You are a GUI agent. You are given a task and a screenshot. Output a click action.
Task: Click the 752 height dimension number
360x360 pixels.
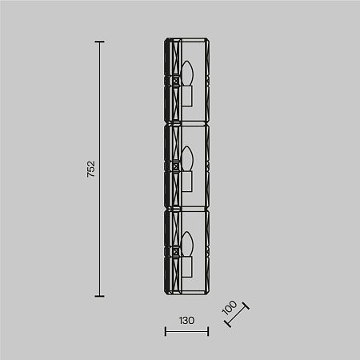(x=90, y=169)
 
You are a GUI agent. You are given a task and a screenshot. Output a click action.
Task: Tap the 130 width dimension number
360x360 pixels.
(x=186, y=320)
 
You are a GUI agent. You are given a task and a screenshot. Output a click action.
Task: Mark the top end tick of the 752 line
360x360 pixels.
(x=99, y=42)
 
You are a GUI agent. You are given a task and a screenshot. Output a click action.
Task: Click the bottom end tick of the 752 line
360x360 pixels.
(x=99, y=295)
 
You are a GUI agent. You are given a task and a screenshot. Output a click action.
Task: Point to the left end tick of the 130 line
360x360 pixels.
(x=165, y=331)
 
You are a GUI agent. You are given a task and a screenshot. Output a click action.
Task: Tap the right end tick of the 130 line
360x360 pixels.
(x=208, y=331)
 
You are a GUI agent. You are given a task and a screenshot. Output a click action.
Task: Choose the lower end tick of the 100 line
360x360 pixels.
(x=227, y=324)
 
